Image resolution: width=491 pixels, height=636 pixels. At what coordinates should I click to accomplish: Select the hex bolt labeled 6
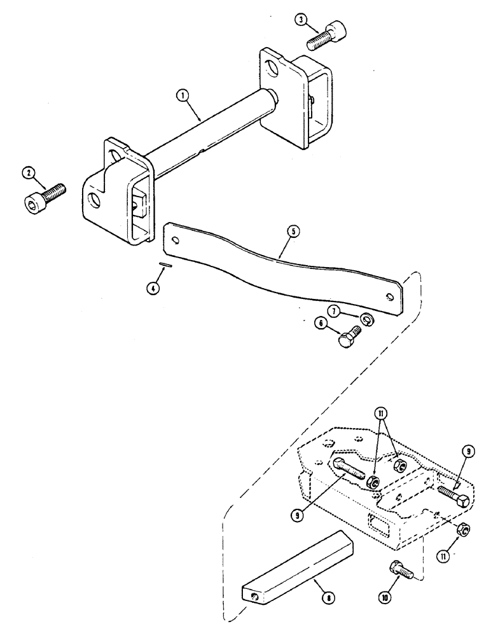pyautogui.click(x=350, y=337)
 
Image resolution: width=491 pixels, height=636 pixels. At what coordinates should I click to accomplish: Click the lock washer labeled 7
pyautogui.click(x=367, y=317)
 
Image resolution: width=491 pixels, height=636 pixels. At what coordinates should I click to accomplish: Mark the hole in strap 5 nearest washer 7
pyautogui.click(x=389, y=296)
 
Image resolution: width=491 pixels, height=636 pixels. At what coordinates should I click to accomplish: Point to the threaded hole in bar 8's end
pyautogui.click(x=255, y=595)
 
